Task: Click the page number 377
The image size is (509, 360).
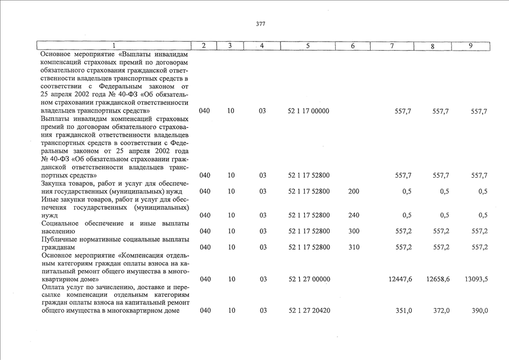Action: coord(260,24)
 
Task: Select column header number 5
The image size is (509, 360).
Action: coord(308,46)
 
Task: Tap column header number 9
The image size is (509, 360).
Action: coord(470,46)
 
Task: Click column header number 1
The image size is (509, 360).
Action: coord(113,46)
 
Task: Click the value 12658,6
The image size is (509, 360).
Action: coord(438,279)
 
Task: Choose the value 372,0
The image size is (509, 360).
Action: coord(442,310)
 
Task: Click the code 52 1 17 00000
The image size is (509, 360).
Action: coord(308,111)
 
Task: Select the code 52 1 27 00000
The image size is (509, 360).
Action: coord(308,279)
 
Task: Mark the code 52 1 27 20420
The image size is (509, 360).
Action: coord(308,310)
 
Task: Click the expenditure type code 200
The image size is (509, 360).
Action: coord(353,191)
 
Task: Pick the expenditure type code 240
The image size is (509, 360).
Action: coord(353,215)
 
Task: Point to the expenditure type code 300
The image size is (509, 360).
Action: coord(353,231)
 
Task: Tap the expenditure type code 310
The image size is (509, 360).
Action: coord(353,247)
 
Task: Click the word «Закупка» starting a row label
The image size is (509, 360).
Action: coord(54,183)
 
